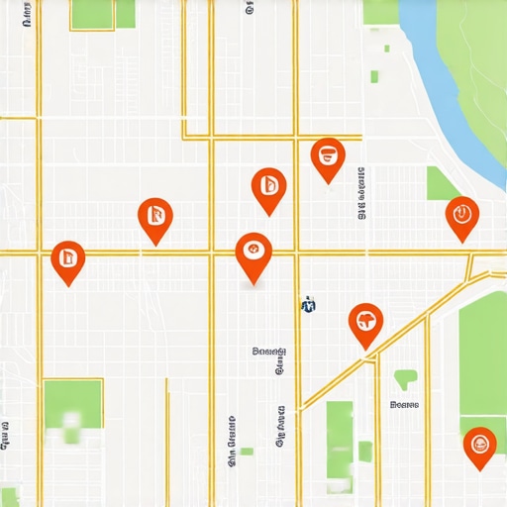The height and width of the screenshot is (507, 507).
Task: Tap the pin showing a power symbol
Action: point(461,214)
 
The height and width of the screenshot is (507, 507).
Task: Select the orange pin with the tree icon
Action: point(365,321)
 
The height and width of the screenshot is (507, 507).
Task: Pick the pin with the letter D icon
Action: point(268,185)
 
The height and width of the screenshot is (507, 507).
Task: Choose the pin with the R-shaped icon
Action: point(153,215)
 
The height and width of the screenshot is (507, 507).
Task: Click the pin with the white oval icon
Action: point(253,251)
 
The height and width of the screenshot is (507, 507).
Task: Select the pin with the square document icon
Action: point(67,258)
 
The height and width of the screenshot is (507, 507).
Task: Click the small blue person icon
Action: point(308,305)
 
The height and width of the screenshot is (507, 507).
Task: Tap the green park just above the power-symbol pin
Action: point(442,182)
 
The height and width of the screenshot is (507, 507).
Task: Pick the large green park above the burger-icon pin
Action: point(483,352)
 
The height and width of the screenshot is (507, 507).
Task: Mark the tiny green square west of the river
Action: point(374,76)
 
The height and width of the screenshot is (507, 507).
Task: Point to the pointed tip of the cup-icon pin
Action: point(327,182)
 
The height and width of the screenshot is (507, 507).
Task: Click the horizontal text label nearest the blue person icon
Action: point(269,351)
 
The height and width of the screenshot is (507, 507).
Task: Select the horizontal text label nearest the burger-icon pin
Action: point(404,404)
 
